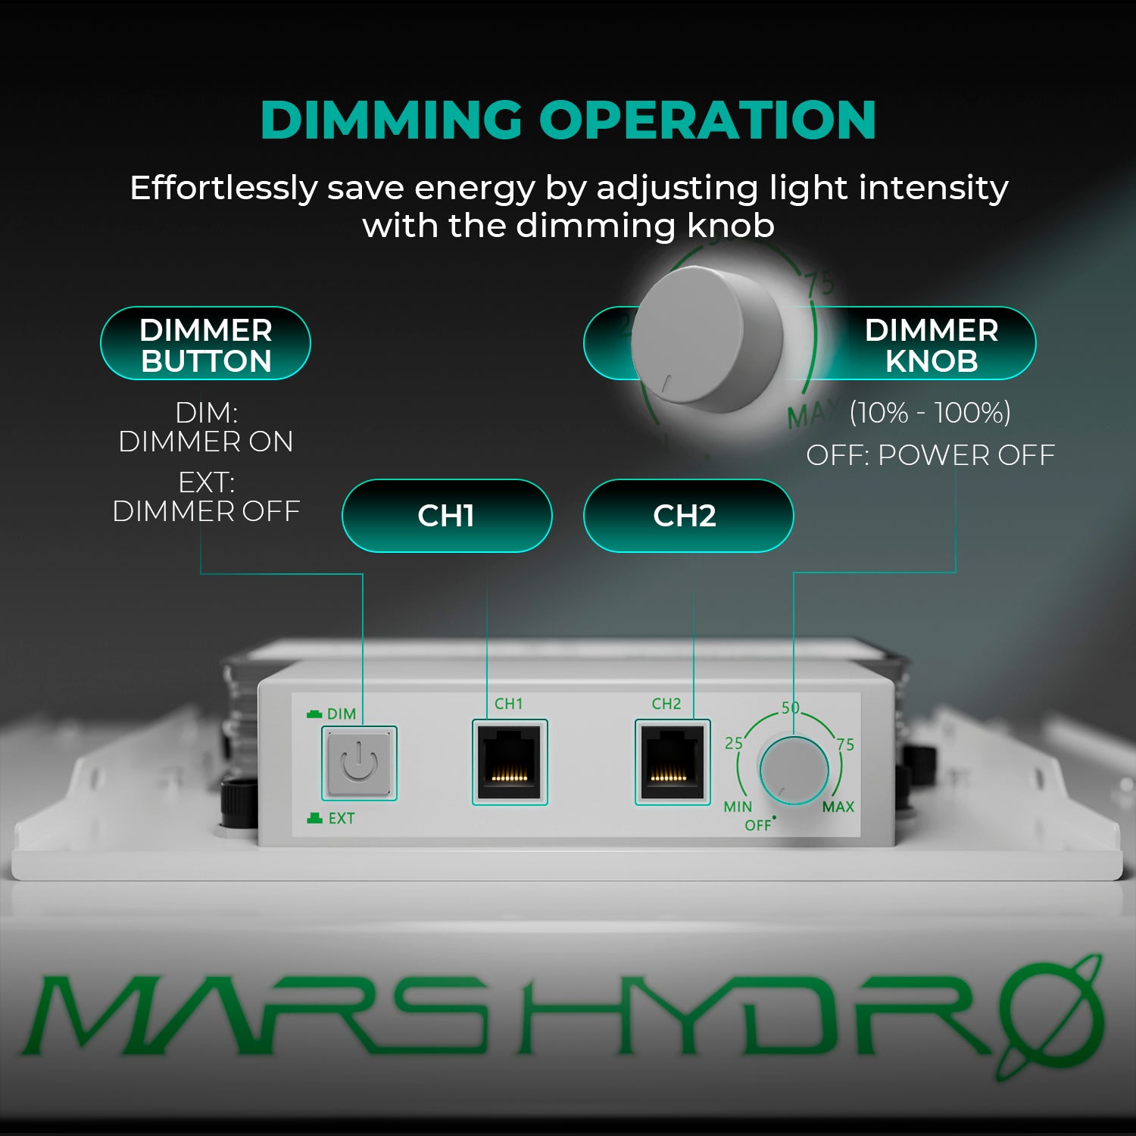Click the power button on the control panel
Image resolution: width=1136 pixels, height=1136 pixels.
click(359, 763)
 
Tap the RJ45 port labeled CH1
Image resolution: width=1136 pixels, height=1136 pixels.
click(510, 762)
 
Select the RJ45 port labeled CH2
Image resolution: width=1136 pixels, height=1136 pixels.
click(672, 762)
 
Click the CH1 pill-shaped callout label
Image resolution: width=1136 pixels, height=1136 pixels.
click(447, 516)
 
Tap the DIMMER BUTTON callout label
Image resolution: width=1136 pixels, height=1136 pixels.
click(205, 345)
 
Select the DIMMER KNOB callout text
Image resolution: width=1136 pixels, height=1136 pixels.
click(931, 345)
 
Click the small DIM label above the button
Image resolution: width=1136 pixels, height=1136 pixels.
click(341, 714)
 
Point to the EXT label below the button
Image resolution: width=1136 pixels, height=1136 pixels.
click(341, 819)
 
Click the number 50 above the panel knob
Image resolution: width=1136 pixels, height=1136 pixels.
click(791, 707)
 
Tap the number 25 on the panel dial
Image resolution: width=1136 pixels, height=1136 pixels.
click(734, 743)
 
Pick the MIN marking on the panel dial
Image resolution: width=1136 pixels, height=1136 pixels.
click(738, 807)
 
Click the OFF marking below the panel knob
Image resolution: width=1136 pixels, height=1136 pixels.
click(757, 825)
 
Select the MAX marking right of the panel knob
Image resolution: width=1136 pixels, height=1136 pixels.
click(838, 807)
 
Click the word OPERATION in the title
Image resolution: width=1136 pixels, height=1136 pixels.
click(707, 120)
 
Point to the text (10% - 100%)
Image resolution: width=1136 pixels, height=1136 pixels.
click(930, 413)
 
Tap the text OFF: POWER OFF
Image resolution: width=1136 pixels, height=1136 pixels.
click(930, 455)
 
